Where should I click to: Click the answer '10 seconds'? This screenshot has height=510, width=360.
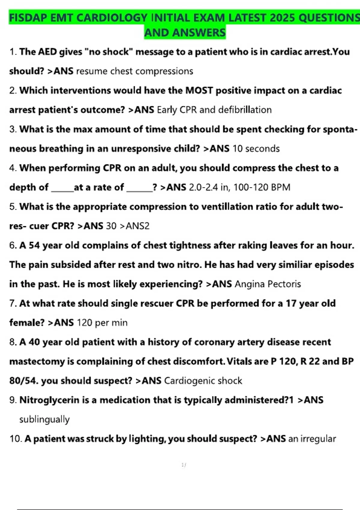pyautogui.click(x=256, y=148)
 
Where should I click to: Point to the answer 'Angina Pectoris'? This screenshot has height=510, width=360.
pyautogui.click(x=268, y=284)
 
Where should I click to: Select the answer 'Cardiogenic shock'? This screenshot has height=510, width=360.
pyautogui.click(x=203, y=381)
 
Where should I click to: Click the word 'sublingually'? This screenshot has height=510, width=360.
pyautogui.click(x=44, y=419)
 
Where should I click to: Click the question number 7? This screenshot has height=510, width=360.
pyautogui.click(x=13, y=303)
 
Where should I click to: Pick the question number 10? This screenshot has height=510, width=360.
pyautogui.click(x=16, y=439)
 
